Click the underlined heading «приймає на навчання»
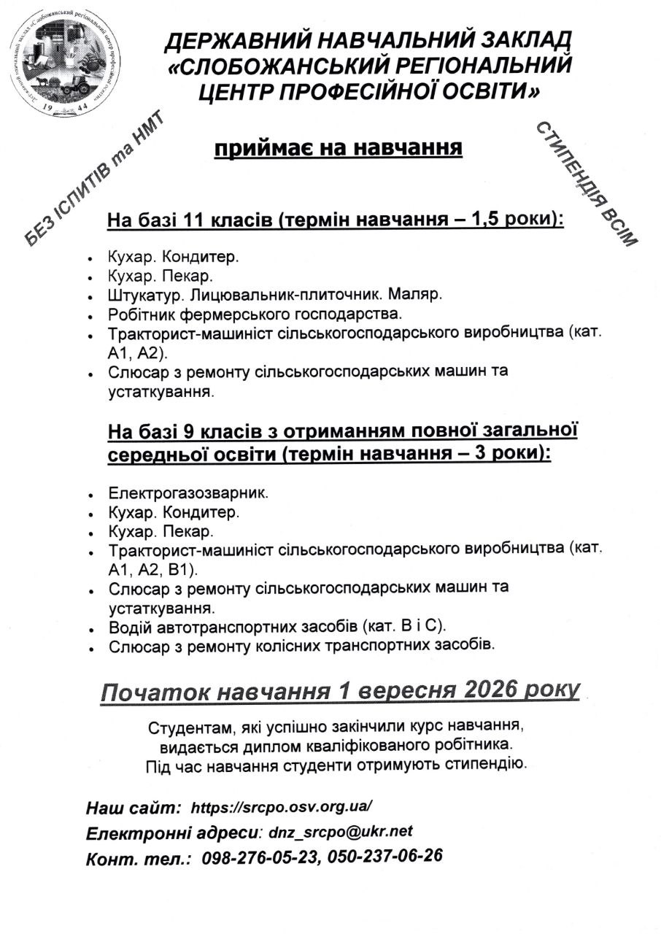pos(338,148)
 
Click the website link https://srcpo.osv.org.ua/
pos(282,807)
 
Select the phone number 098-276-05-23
pos(260,856)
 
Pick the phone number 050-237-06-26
pos(385,855)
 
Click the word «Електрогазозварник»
pos(188,493)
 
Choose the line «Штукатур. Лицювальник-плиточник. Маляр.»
pos(275,296)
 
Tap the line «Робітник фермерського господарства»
pos(255,315)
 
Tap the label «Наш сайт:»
pos(134,808)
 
